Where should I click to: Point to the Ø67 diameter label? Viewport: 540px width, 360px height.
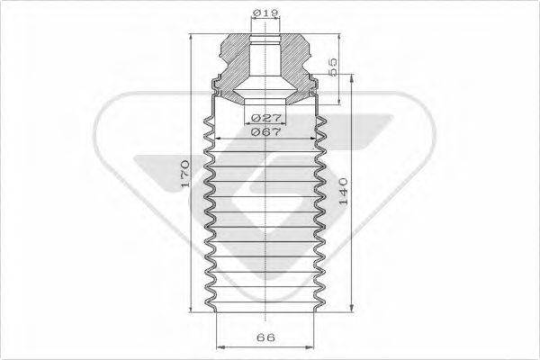coord(266,131)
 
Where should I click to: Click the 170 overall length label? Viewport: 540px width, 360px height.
coord(183,172)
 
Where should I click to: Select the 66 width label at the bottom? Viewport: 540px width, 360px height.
coord(265,339)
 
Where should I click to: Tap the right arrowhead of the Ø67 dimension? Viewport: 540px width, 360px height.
coord(319,138)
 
